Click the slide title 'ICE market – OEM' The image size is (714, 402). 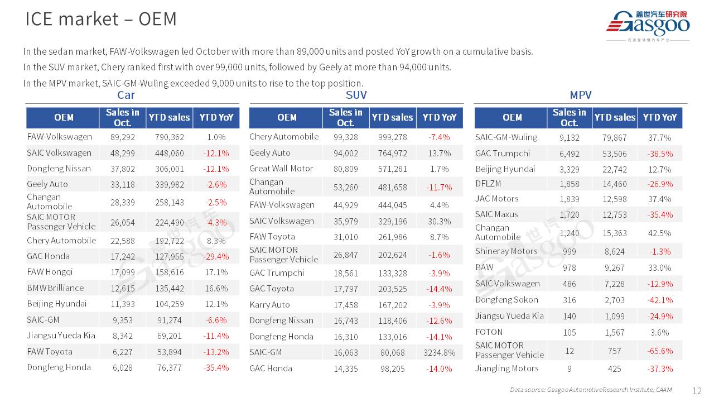point(101,19)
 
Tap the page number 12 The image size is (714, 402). point(697,391)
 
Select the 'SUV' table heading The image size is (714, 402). point(356,95)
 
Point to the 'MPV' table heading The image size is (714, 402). point(580,95)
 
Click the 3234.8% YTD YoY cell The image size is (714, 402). point(440,352)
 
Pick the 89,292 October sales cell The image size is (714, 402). point(123,137)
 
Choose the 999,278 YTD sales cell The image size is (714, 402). point(392,137)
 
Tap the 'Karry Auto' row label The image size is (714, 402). point(269,304)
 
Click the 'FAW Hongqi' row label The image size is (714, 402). point(50,272)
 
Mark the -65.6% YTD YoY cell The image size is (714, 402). point(660,351)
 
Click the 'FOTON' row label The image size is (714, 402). point(489,332)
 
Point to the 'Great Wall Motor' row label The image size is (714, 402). point(281,168)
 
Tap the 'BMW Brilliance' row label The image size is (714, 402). point(55,288)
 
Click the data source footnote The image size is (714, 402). point(590,390)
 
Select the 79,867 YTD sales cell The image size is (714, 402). point(614,137)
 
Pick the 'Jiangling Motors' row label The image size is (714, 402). point(506,368)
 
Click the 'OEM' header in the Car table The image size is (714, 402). point(64,117)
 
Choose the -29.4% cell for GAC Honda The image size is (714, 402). point(216,256)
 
